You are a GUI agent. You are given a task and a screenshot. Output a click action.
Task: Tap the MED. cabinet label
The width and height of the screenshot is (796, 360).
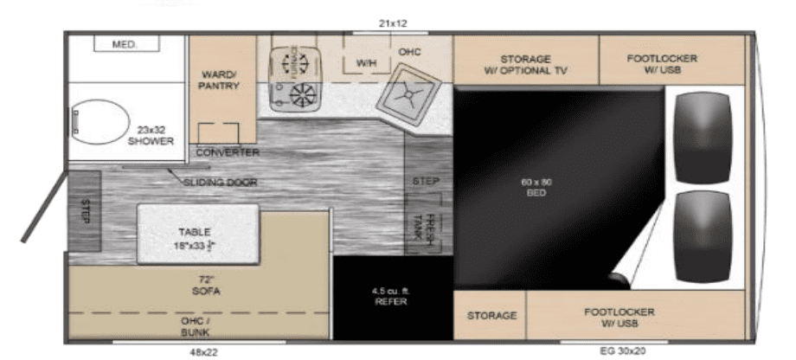[x=125, y=43]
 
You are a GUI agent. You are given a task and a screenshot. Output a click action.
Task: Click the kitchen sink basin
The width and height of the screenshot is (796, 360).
[x=409, y=97]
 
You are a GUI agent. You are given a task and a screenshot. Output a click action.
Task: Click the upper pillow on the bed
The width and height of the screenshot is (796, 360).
[x=703, y=137]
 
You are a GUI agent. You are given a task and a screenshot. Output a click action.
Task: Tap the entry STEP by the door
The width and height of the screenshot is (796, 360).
[x=86, y=210]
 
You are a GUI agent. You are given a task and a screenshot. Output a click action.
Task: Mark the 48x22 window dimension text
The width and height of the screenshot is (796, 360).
[x=202, y=351]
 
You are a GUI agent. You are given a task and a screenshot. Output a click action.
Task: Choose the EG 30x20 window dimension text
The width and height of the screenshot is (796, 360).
[x=622, y=351]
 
